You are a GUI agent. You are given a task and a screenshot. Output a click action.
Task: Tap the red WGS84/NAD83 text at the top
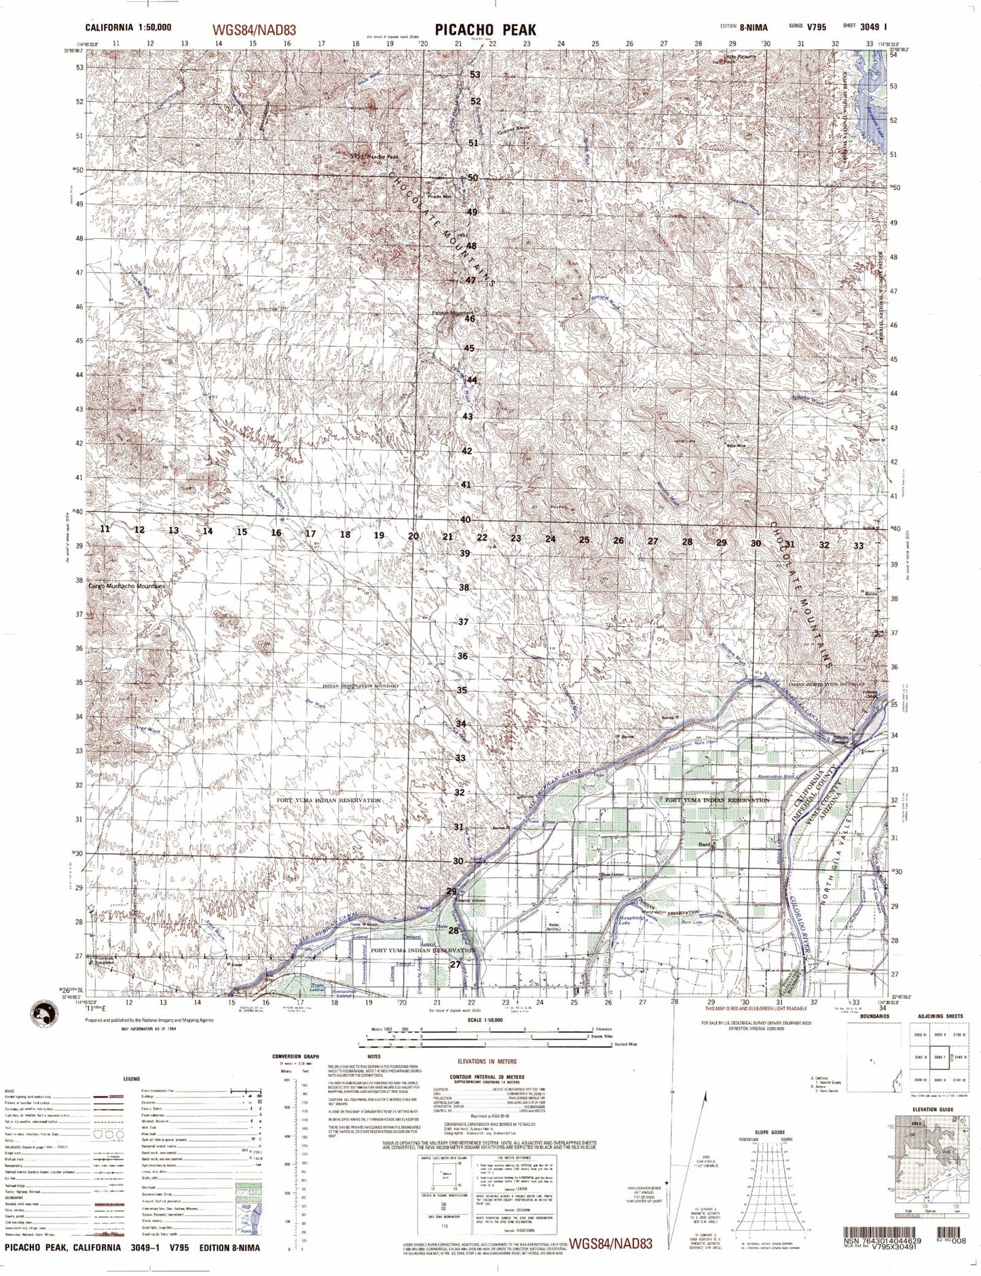tap(254, 31)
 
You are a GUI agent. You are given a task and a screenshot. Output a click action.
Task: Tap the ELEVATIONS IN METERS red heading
tap(486, 1061)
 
